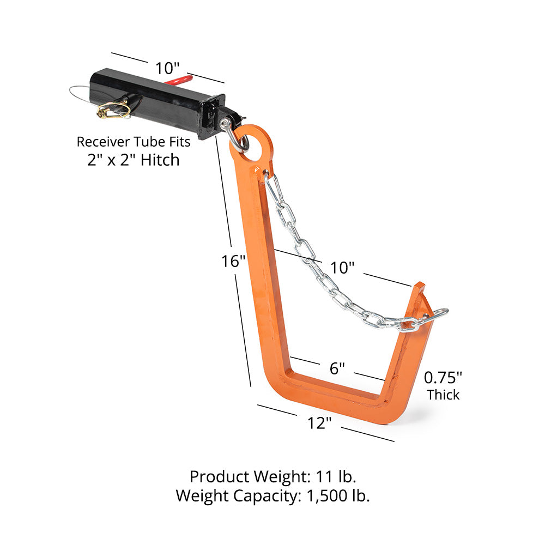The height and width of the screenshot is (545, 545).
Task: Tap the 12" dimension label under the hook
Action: (x=319, y=422)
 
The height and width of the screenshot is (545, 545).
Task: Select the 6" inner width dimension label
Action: (x=337, y=368)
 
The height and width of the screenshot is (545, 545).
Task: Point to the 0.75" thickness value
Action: (x=443, y=377)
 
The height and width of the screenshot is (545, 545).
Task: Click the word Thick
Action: (x=443, y=394)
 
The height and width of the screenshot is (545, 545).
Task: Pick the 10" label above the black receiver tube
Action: (x=167, y=69)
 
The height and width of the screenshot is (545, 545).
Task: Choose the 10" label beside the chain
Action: (x=343, y=268)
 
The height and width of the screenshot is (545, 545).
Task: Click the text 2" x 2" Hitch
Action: (x=134, y=160)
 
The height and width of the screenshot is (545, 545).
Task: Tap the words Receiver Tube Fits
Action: (x=134, y=142)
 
